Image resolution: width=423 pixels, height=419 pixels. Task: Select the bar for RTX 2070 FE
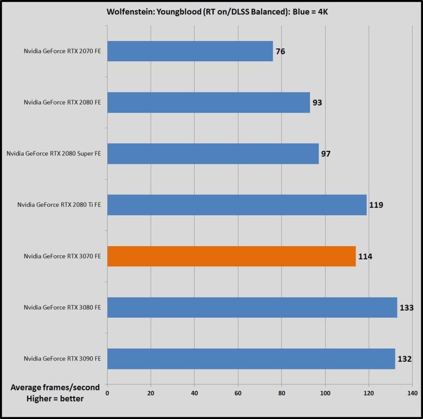(190, 51)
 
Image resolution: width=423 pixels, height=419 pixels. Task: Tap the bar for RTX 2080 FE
(208, 102)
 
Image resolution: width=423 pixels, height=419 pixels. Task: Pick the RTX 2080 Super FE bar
(213, 153)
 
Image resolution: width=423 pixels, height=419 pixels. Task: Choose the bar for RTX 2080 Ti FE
(236, 205)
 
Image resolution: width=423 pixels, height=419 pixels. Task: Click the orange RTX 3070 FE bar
(231, 256)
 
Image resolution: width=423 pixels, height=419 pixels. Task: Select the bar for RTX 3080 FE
(252, 307)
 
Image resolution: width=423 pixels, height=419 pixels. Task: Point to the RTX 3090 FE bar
(251, 359)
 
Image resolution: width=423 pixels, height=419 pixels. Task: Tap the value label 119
(376, 205)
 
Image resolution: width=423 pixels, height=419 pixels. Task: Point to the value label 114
(364, 256)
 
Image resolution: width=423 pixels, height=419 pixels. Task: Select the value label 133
(406, 308)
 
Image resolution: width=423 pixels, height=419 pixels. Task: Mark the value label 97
(325, 154)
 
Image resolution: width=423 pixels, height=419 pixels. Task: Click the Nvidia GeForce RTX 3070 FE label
(62, 256)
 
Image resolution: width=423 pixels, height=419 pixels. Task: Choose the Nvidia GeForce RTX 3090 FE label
(62, 359)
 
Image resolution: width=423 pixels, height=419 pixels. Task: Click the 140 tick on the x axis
(412, 392)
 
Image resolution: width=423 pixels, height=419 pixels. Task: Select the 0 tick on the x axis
(107, 392)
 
